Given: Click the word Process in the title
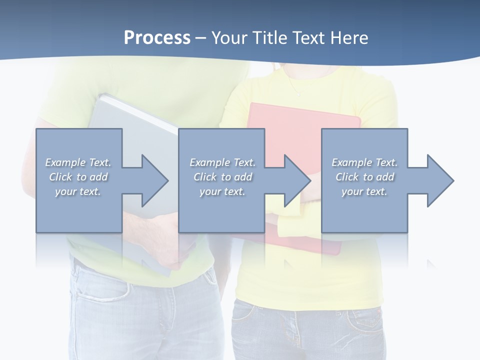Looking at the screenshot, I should tap(157, 38).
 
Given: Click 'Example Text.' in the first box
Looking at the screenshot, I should tap(78, 162).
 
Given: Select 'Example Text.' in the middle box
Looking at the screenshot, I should tap(222, 162).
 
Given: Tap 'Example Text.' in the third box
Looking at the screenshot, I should tap(364, 162).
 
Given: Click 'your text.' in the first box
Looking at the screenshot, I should tap(78, 191).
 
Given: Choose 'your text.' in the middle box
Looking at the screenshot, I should tap(222, 191).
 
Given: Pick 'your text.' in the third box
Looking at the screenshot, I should tap(364, 191).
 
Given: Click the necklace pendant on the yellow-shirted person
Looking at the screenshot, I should tap(298, 93).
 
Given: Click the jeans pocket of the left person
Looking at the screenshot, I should tap(100, 285).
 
